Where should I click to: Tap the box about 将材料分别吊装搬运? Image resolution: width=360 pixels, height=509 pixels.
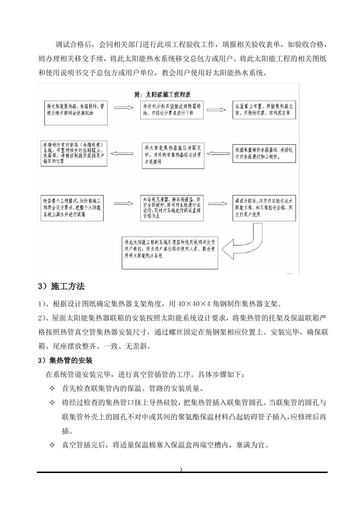point(172,110)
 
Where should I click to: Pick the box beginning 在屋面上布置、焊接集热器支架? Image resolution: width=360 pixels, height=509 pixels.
point(264,110)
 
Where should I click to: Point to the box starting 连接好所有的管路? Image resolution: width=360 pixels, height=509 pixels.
point(74,154)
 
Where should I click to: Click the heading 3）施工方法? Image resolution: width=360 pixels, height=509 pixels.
point(61,287)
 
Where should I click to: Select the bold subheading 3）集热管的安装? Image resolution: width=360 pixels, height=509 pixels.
point(66,360)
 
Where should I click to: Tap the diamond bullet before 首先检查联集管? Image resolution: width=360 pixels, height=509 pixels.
point(52,389)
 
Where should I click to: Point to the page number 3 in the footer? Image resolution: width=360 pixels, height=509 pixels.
point(181,470)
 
